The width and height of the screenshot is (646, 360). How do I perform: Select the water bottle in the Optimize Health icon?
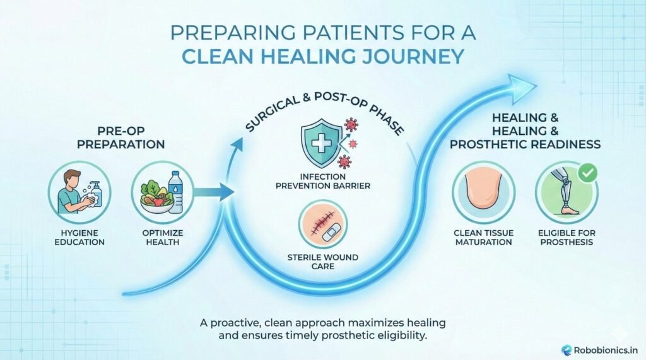[x=176, y=193]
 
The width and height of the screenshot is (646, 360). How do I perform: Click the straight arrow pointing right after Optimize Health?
[x=211, y=193]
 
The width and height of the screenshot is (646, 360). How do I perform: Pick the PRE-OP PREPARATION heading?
[x=131, y=137]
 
